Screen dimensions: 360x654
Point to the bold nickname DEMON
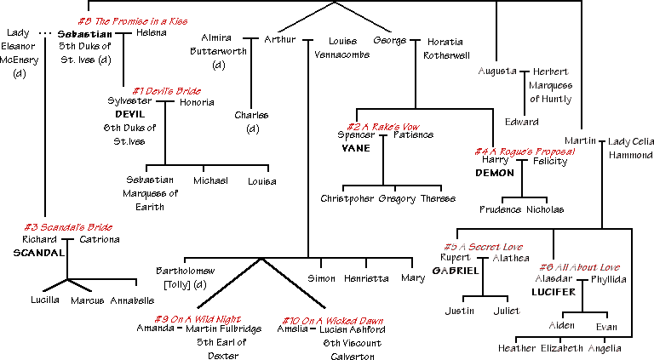click(491, 172)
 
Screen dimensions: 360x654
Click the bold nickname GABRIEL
click(455, 271)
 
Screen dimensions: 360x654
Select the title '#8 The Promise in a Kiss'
click(132, 20)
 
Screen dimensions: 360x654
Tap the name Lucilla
click(43, 300)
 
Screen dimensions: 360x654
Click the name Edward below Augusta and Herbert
click(522, 122)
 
